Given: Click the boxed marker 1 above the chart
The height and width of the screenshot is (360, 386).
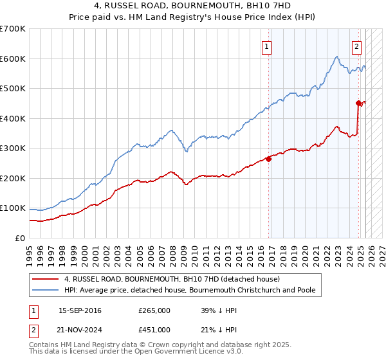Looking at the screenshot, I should pyautogui.click(x=266, y=46).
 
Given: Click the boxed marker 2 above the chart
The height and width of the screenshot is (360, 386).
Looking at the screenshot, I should pyautogui.click(x=356, y=46).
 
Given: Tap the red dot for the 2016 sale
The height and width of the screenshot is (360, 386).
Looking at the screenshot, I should pyautogui.click(x=268, y=159).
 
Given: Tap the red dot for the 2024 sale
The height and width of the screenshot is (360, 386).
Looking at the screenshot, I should pyautogui.click(x=358, y=103).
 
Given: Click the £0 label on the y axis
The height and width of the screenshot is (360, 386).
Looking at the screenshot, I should pyautogui.click(x=20, y=238).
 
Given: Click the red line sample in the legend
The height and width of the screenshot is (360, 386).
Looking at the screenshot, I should pyautogui.click(x=45, y=280).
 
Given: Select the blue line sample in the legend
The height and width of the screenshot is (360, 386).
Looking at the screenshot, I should pyautogui.click(x=45, y=291).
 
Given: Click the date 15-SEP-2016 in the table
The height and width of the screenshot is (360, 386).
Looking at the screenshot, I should pyautogui.click(x=80, y=310).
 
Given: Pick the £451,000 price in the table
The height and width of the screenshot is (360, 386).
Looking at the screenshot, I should pyautogui.click(x=154, y=330).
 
